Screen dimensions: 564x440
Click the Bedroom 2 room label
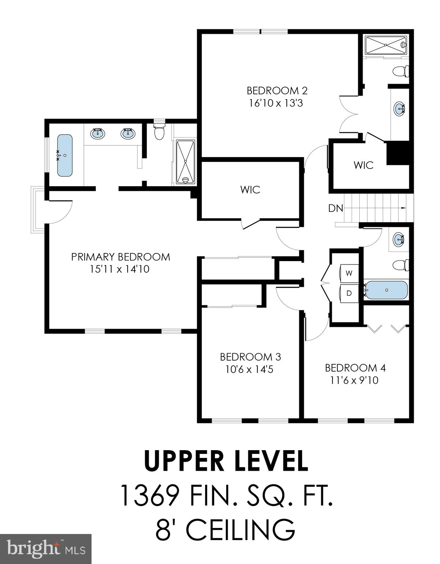[x=277, y=90]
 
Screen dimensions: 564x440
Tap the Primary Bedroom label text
[x=121, y=257]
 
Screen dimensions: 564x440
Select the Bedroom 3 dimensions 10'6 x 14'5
[x=249, y=369]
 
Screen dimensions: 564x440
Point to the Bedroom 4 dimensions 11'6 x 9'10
[x=354, y=380]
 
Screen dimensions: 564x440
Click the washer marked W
[x=349, y=273]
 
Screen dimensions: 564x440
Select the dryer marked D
[x=349, y=293]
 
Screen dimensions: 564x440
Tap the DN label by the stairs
[x=335, y=209]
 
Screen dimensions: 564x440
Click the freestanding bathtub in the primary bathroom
[x=65, y=155]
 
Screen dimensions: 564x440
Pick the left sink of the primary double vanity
[x=98, y=133]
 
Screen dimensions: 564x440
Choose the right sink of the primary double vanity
[x=128, y=133]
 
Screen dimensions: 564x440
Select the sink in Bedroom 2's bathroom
[x=399, y=108]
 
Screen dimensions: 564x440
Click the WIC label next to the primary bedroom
[x=250, y=189]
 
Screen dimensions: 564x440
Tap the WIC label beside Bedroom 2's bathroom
[x=363, y=165]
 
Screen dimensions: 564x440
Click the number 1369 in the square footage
[x=150, y=495]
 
